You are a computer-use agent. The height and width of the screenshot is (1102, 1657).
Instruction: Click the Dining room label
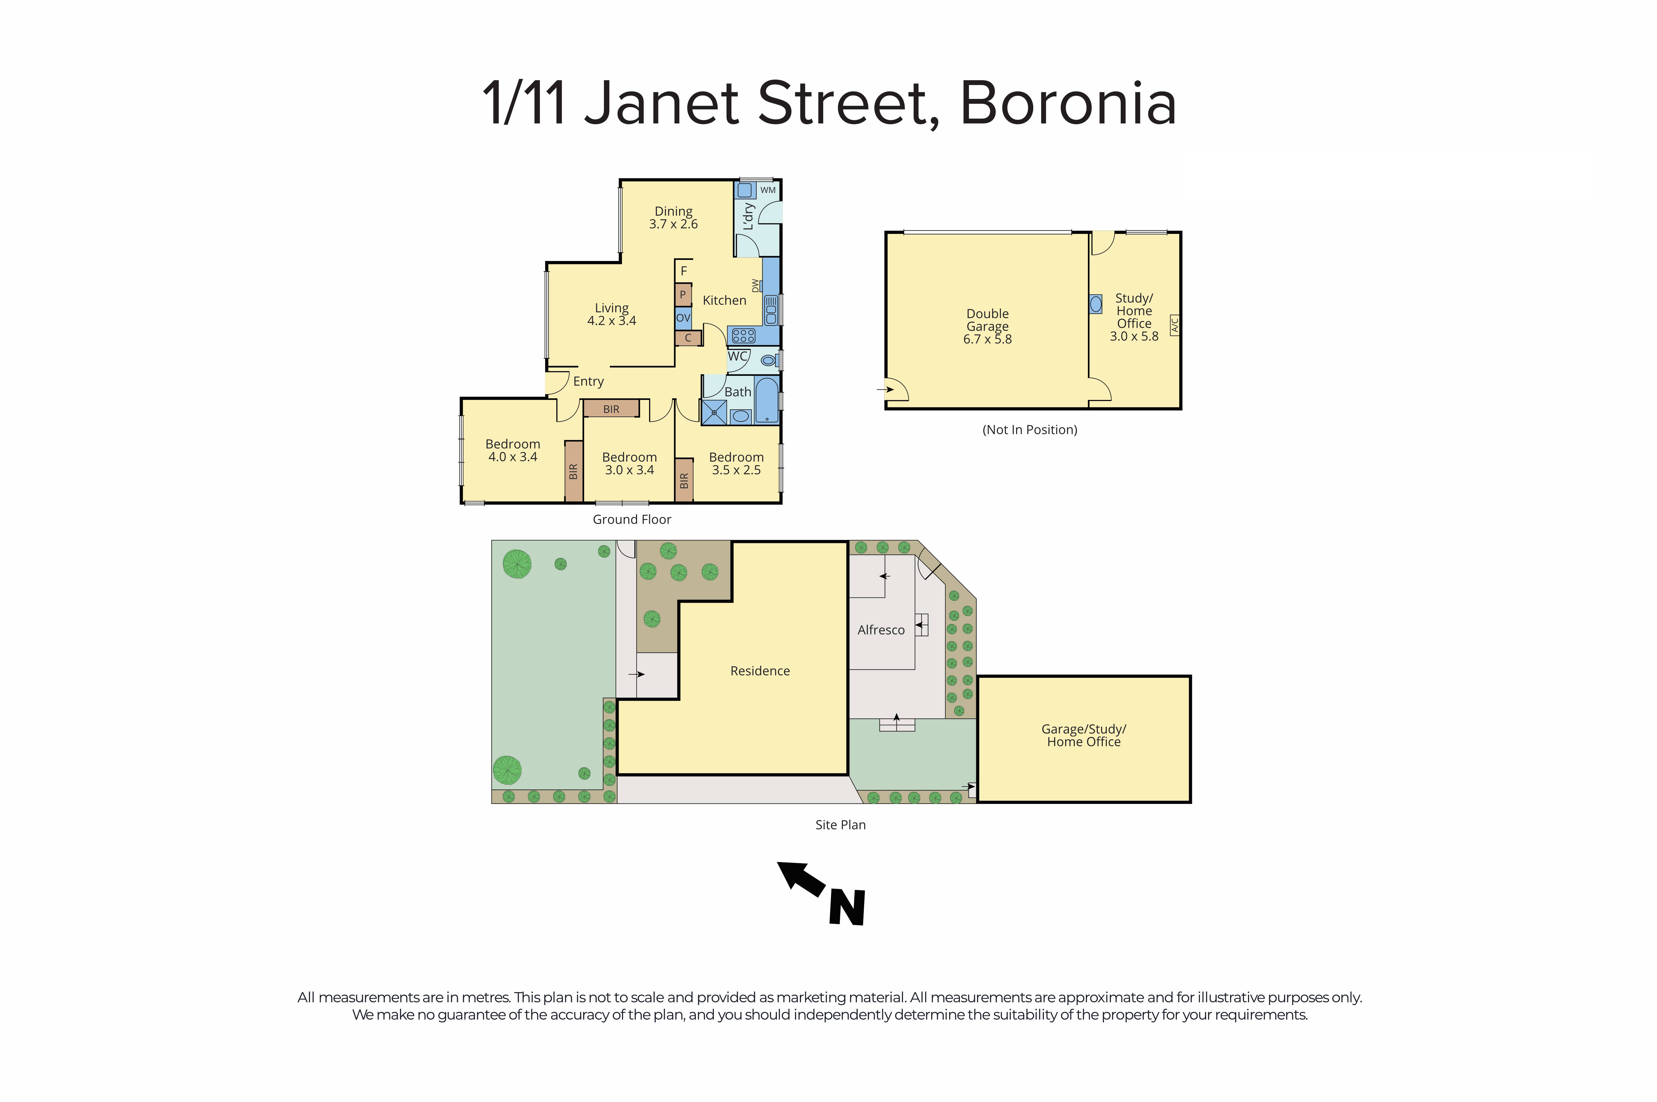[673, 212]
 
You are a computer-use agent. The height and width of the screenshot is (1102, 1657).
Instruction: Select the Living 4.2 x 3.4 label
[611, 314]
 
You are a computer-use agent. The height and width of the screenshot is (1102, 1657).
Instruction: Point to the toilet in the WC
[769, 360]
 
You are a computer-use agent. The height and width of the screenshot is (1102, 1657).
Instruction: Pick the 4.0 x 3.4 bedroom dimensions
[513, 457]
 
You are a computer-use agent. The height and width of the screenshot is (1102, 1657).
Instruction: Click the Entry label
[588, 382]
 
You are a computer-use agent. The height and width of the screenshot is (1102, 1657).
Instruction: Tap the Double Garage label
[987, 320]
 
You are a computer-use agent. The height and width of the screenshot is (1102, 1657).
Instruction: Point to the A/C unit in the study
[1173, 325]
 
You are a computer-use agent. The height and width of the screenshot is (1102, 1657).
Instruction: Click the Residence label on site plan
[760, 671]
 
